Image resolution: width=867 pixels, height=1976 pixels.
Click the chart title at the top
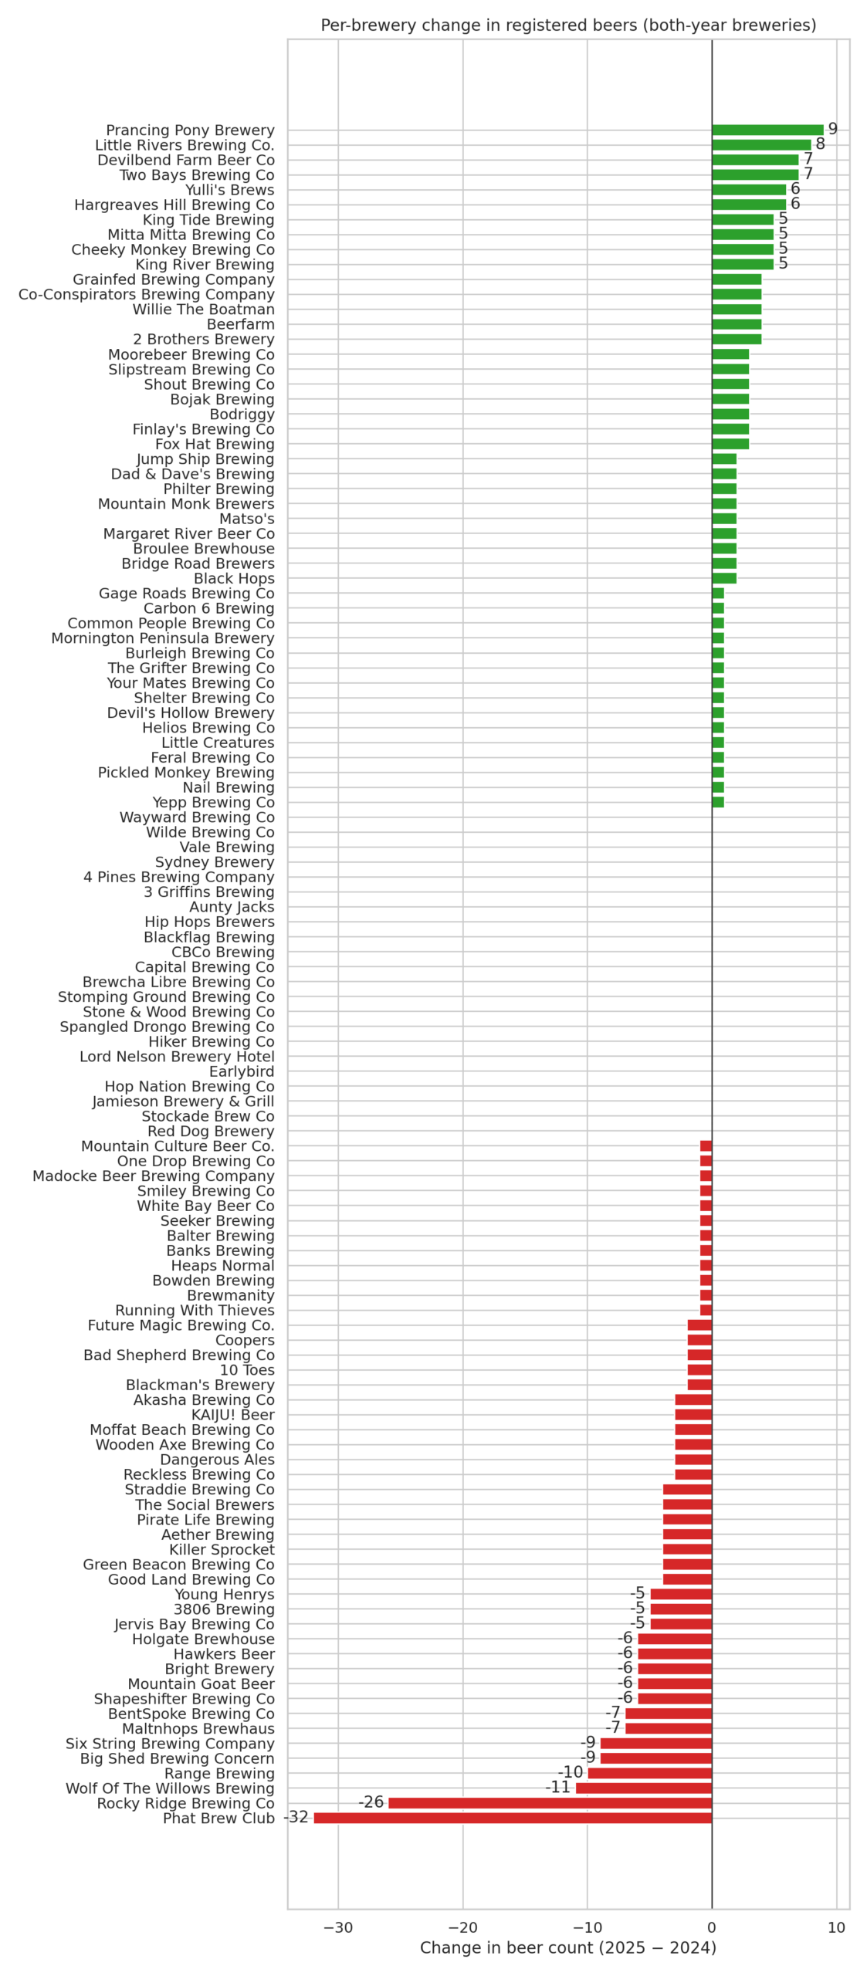(568, 25)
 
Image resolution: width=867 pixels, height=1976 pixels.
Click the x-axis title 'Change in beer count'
(568, 1947)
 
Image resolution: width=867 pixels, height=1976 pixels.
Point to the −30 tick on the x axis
(338, 1927)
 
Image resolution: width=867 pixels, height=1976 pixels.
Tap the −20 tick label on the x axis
(462, 1927)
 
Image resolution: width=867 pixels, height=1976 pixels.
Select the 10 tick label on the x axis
(836, 1927)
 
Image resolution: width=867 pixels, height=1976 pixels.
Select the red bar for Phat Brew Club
(513, 1818)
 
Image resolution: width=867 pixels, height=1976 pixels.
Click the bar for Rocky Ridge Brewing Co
(550, 1803)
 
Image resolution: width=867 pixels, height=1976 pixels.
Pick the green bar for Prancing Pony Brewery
(767, 130)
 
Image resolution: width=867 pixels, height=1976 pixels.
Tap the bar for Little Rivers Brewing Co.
(761, 145)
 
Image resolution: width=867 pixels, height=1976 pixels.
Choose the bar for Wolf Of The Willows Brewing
(643, 1788)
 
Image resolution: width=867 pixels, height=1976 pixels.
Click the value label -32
(296, 1817)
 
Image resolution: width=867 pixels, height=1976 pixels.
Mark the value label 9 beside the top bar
(832, 129)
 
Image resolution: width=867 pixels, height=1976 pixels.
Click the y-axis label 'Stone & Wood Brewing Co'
(178, 1012)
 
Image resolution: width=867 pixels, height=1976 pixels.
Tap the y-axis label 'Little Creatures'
(218, 743)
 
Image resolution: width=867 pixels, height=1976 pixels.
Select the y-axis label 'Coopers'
(245, 1340)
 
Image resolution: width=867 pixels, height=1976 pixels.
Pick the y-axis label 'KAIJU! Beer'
(233, 1415)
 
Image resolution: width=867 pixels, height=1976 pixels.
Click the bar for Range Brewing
(649, 1773)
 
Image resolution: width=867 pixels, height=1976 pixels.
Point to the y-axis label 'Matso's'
(246, 519)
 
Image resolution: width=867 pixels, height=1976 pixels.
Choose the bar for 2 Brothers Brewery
(737, 339)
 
